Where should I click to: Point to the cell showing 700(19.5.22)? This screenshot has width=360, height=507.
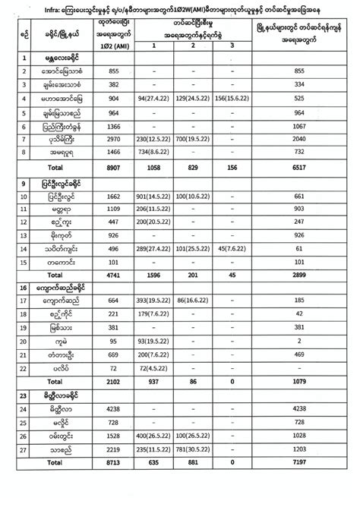(x=197, y=140)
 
